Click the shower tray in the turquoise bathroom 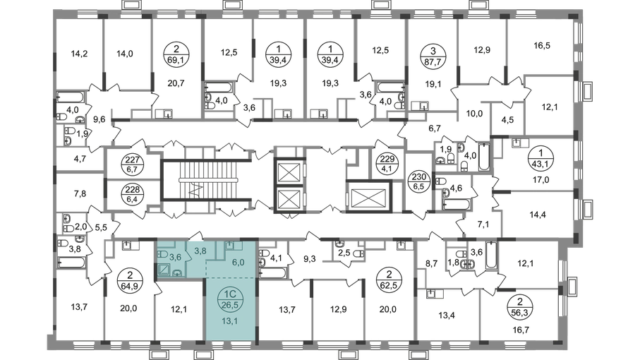tap(163, 268)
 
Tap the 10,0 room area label tap(473, 113)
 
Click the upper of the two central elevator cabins tap(288, 172)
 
